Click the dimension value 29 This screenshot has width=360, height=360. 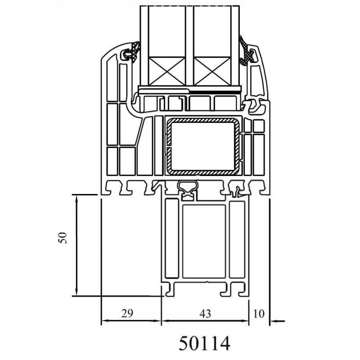click(127, 313)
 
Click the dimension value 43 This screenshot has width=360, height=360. click(205, 314)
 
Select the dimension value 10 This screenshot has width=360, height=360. click(259, 314)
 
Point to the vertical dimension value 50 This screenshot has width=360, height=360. click(63, 238)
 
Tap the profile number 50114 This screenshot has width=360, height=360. click(204, 343)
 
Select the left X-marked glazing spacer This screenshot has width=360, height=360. click(167, 72)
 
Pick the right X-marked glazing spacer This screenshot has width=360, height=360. click(212, 72)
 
